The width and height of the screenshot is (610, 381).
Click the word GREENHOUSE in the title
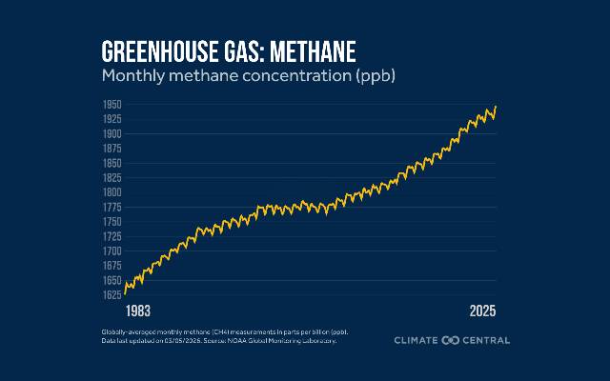(152, 51)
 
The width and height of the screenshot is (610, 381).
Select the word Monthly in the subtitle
(132, 74)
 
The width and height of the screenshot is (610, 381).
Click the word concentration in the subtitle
(288, 74)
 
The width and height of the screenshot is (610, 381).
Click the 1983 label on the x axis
(138, 311)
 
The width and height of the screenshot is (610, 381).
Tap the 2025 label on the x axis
(483, 311)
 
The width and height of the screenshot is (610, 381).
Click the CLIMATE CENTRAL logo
(453, 340)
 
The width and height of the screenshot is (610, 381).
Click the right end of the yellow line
(497, 107)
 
